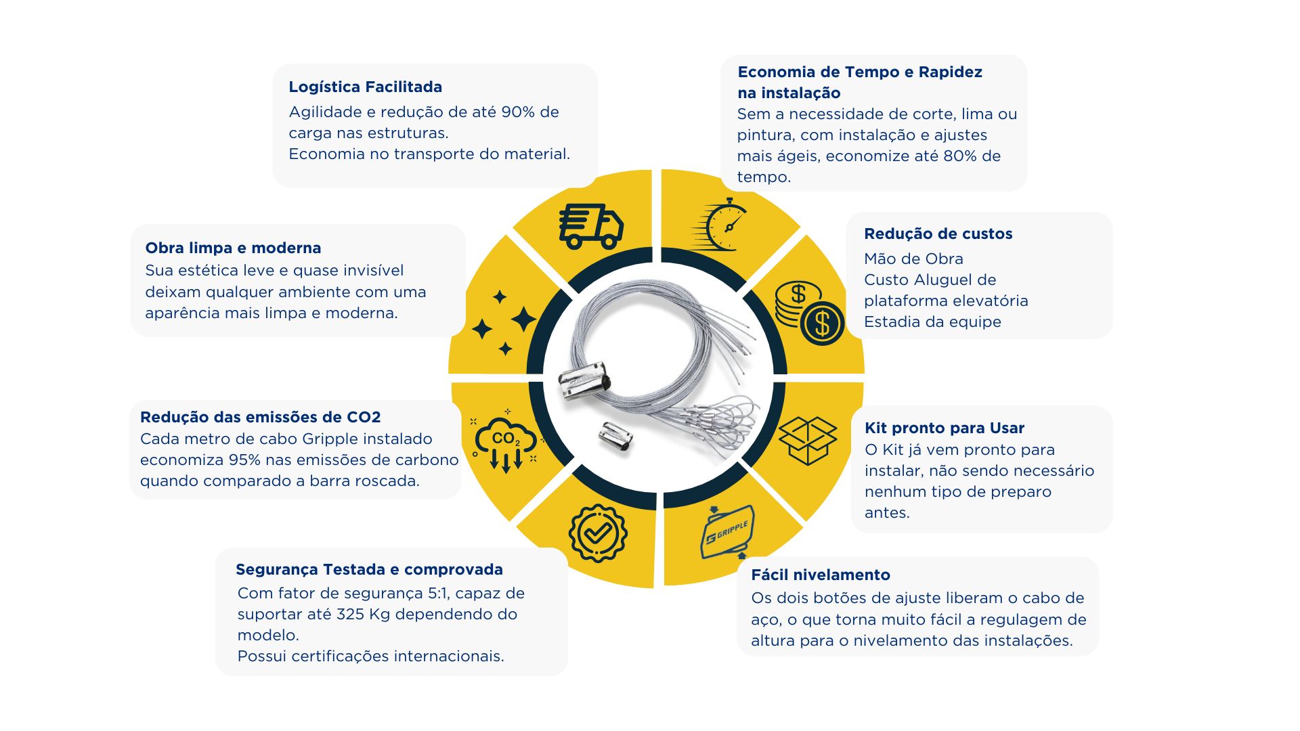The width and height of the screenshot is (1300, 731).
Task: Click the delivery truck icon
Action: (x=590, y=226)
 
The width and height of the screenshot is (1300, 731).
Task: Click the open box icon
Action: (x=808, y=441)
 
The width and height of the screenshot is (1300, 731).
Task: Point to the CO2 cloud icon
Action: (x=504, y=441)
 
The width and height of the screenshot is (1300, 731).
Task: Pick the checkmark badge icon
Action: (x=597, y=533)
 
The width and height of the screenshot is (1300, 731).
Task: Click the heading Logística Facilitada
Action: (x=365, y=87)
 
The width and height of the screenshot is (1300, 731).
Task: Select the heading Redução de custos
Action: (x=938, y=234)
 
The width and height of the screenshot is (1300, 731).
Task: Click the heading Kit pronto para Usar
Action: (x=944, y=428)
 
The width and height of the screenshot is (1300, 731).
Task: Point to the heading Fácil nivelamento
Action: (x=821, y=575)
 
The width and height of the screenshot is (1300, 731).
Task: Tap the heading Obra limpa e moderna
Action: (x=233, y=248)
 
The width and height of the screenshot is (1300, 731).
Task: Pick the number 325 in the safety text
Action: (x=350, y=614)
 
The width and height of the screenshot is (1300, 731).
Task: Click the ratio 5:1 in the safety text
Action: (x=439, y=593)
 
